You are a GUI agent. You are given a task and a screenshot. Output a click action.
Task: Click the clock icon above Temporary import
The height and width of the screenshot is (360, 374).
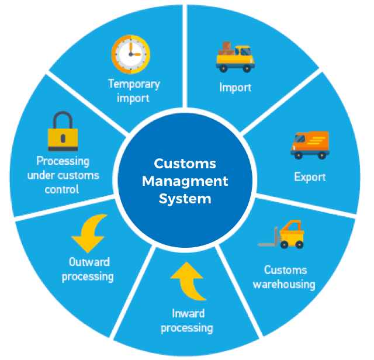click(131, 54)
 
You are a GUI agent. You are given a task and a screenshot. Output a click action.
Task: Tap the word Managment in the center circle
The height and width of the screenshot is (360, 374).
click(185, 181)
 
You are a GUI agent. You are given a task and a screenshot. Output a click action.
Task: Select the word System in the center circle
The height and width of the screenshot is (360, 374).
click(185, 199)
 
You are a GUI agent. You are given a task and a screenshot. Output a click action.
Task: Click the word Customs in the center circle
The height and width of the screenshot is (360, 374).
click(185, 164)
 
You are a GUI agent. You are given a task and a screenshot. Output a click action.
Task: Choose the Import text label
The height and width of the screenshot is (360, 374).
click(235, 88)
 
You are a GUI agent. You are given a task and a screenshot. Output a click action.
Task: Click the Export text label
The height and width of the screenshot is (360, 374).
click(310, 176)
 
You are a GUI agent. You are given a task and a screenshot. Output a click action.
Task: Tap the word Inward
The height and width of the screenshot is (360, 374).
click(188, 313)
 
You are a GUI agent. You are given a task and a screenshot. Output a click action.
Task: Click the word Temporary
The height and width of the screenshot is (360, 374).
click(134, 84)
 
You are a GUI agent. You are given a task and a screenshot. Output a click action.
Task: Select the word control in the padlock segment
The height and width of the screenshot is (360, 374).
click(63, 189)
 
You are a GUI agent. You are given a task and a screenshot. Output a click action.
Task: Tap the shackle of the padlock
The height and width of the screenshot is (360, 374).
click(63, 120)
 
